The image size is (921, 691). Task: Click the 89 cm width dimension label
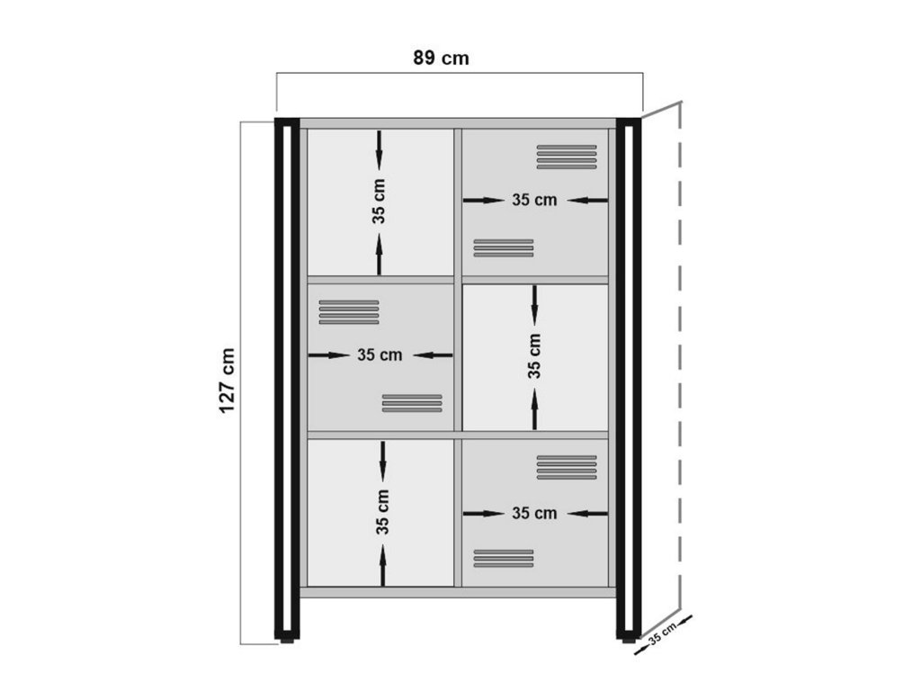coord(441,58)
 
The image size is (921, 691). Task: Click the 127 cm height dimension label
coord(227,381)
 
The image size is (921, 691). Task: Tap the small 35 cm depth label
coord(662,634)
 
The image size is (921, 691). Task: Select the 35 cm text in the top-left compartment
coord(379,202)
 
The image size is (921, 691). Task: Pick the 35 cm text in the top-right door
coord(534,200)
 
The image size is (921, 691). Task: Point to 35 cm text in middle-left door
coord(380,354)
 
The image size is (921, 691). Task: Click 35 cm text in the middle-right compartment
coord(534,356)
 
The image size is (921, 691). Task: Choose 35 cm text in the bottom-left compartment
coord(382,512)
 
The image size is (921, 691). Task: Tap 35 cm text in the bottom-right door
coord(534,513)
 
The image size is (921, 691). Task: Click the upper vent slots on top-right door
coord(567,157)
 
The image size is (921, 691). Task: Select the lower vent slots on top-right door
coord(504,248)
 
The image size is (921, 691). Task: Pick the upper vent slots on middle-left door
coord(349,312)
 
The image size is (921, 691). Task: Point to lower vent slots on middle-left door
coord(412,403)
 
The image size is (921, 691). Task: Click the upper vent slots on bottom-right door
coord(567,467)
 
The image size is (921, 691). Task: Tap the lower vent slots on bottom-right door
coord(504,558)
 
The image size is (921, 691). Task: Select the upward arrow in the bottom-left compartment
coord(383,565)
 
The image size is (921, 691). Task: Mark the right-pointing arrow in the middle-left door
coord(329,354)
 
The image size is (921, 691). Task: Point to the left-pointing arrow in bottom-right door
coord(587,514)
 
